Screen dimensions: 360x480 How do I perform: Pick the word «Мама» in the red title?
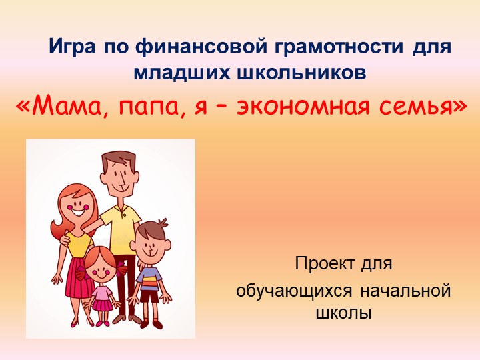pyautogui.click(x=69, y=105)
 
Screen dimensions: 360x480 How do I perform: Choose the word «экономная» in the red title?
pyautogui.click(x=302, y=106)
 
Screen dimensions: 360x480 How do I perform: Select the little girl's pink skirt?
pyautogui.click(x=101, y=304)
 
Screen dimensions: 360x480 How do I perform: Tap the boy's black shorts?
pyautogui.click(x=150, y=296)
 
